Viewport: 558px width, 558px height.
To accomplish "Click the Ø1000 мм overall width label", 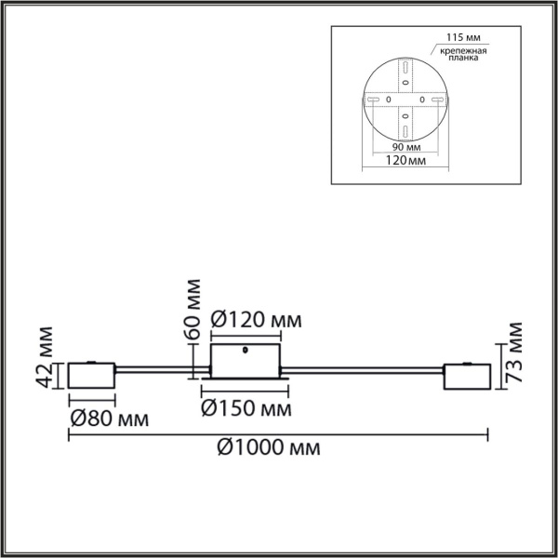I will point(269,448).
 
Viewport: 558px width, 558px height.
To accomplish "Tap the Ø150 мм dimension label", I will point(245,406).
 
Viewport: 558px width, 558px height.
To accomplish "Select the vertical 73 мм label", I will point(513,356).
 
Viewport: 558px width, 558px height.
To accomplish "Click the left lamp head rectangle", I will point(91,377).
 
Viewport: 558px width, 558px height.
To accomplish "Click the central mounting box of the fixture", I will point(246,361).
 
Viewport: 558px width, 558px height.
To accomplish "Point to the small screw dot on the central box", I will point(244,352).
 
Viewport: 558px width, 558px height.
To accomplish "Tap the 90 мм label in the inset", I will point(401,148).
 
